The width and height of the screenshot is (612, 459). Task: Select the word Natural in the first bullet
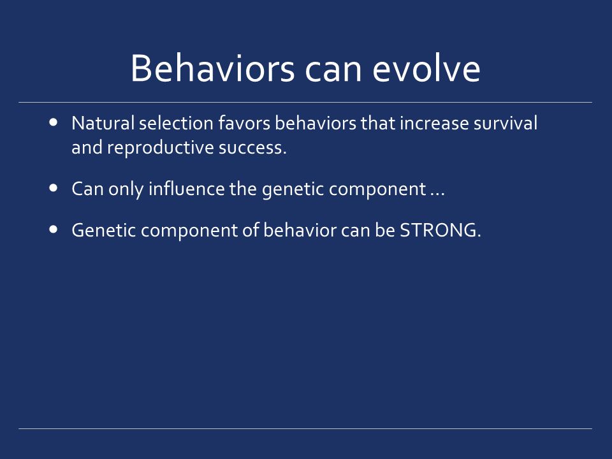coord(103,123)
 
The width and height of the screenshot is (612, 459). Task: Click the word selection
coord(176,123)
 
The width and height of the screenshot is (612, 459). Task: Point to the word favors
coord(244,123)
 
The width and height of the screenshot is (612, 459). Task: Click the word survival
coord(506,123)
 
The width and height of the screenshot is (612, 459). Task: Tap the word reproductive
coord(161,147)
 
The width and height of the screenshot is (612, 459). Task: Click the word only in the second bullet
coord(126,189)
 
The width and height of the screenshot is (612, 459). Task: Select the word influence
coord(187,189)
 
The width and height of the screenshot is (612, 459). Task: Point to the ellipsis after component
coord(437,194)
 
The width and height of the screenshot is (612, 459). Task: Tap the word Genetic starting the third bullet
coord(104,230)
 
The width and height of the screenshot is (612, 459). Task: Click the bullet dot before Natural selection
coord(54,122)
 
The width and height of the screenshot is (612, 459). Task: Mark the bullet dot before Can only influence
coord(54,188)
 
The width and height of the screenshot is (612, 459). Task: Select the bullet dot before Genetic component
coord(54,229)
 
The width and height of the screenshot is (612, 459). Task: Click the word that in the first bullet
coord(378,123)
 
